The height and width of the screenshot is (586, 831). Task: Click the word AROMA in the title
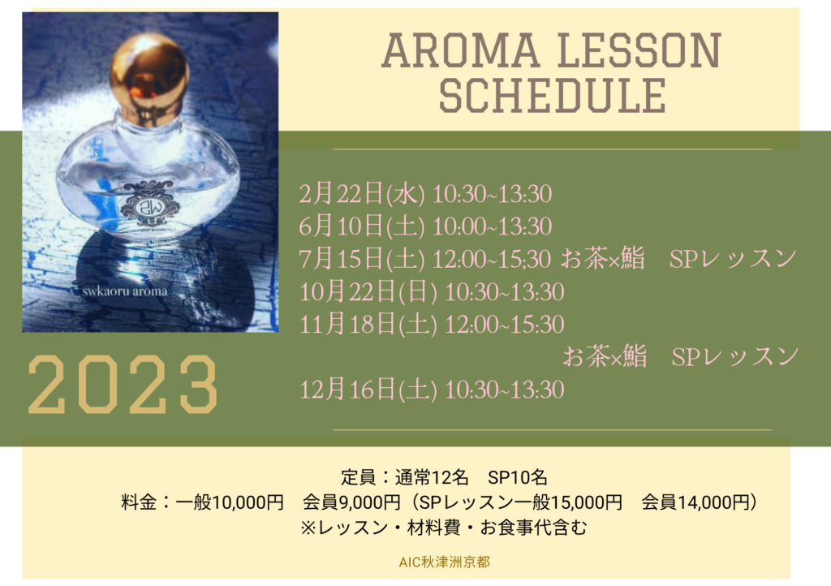(460, 51)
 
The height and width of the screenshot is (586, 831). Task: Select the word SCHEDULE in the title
(552, 96)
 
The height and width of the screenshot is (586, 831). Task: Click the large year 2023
(123, 385)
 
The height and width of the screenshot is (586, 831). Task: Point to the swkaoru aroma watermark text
(124, 291)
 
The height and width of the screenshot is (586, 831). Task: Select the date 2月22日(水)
(362, 194)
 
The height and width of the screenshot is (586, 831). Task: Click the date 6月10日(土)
(362, 226)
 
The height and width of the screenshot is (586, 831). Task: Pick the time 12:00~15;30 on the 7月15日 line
(493, 259)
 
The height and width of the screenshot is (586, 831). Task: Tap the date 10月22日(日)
(368, 292)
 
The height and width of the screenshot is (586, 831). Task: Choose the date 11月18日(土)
(368, 325)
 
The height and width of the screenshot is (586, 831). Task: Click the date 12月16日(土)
(368, 390)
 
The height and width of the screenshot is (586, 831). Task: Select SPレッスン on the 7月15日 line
(734, 259)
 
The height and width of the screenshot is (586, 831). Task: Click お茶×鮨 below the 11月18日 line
(605, 356)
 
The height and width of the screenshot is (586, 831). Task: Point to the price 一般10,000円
(230, 502)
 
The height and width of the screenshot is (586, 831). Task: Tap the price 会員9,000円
(352, 502)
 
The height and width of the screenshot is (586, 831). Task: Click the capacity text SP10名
(517, 477)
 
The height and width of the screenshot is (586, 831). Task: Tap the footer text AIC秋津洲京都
(444, 562)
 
